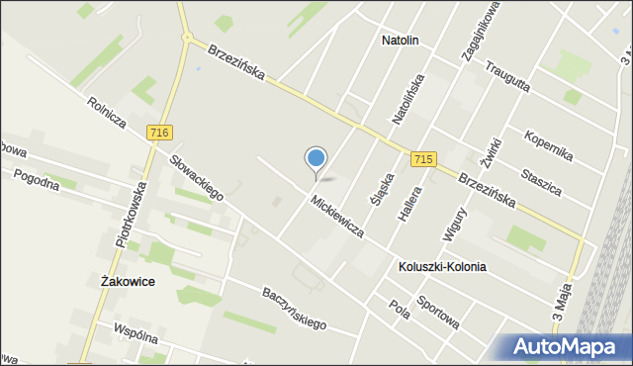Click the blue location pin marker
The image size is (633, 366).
click(316, 159)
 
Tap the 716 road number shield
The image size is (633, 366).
click(156, 132)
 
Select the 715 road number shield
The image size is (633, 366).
click(423, 159)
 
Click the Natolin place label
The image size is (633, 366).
click(401, 42)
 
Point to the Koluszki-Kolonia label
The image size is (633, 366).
click(442, 267)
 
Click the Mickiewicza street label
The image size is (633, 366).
click(336, 217)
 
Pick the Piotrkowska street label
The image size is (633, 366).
click(132, 214)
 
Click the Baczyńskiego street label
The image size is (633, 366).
click(294, 307)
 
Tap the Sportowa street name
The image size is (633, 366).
click(437, 312)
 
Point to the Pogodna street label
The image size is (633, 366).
click(37, 182)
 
